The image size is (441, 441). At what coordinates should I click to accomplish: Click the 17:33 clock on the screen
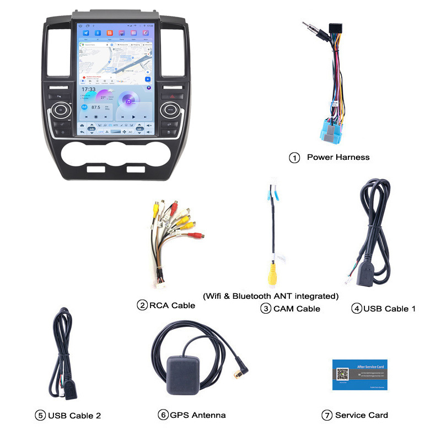point(89,89)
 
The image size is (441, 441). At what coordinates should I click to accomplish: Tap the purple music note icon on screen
point(128,100)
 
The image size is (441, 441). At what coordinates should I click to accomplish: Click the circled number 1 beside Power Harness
point(294,158)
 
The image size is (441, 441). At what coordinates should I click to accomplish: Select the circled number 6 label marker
point(163,415)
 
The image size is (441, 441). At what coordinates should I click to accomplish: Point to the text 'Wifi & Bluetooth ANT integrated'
point(270,296)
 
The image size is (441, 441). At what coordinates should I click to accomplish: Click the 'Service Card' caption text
point(361,415)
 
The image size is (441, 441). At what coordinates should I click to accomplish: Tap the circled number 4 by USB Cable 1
point(356,309)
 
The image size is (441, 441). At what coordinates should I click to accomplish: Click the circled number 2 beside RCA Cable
point(142,305)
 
